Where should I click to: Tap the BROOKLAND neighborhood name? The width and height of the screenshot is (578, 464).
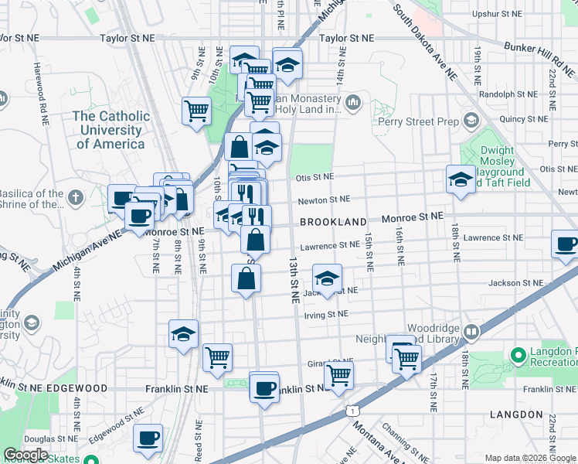tap(332, 222)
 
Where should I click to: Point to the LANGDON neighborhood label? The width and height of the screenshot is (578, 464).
tap(516, 415)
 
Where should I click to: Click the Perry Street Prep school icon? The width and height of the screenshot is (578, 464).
tap(471, 121)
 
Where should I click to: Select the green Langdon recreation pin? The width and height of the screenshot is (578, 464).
tap(518, 356)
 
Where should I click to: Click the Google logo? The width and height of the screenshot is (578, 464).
tap(25, 455)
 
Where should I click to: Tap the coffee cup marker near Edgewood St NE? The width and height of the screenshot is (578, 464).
tap(148, 438)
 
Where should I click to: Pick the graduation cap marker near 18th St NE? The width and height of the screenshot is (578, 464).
tap(461, 180)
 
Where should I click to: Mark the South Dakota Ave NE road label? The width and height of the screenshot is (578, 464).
tap(425, 40)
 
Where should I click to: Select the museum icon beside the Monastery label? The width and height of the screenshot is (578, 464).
tap(353, 102)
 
